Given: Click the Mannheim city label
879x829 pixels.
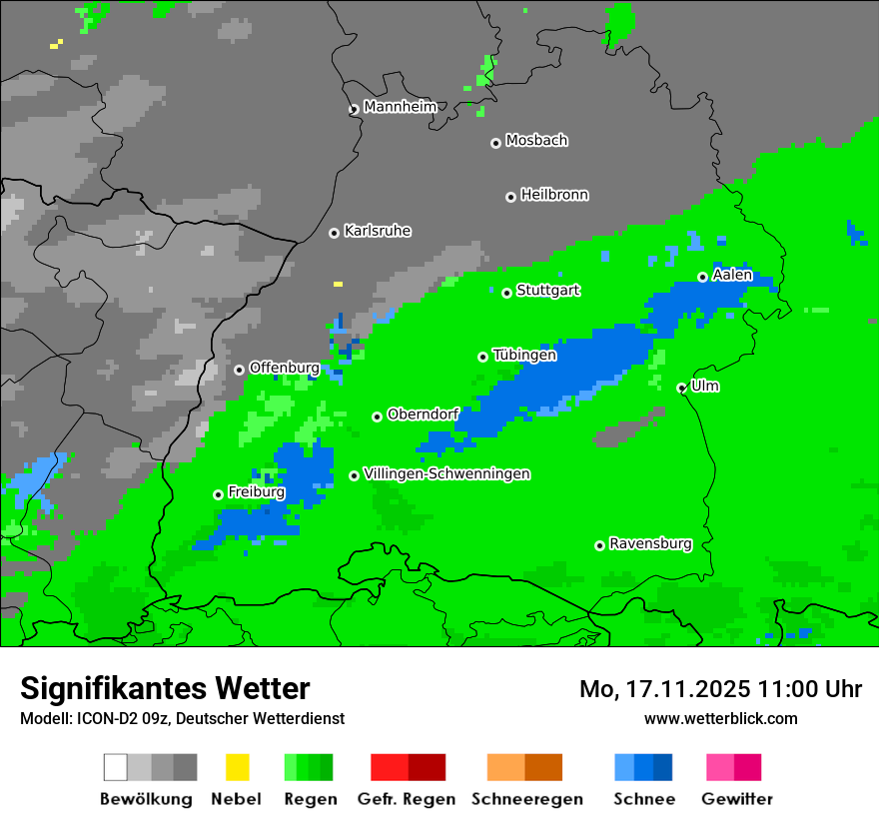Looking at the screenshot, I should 401,107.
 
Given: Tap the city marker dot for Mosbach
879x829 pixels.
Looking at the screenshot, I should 495,143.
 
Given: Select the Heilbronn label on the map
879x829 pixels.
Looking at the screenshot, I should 554,195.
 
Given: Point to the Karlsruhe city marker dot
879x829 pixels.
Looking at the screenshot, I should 334,233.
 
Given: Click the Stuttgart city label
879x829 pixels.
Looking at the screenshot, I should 547,291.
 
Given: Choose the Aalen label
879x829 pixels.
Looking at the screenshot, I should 732,275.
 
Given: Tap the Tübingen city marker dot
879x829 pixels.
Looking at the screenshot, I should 482,357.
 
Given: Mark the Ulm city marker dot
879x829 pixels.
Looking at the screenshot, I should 681,388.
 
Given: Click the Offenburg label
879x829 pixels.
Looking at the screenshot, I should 284,368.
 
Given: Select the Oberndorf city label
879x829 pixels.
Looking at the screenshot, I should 423,414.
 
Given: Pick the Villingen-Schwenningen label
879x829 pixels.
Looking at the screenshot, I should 446,473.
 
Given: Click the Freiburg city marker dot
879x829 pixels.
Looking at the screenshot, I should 218,494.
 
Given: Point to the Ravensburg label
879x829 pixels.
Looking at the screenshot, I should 650,544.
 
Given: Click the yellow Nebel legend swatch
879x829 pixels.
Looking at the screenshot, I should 238,767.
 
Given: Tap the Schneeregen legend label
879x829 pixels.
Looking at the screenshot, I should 526,799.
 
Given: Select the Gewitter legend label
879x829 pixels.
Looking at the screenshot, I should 737,799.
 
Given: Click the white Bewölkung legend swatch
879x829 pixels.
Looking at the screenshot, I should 116,767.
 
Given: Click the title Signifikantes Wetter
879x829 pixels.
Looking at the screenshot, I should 165,688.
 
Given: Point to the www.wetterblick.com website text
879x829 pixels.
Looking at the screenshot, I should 720,718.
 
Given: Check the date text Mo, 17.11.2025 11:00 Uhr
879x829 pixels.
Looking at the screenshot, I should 720,689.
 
